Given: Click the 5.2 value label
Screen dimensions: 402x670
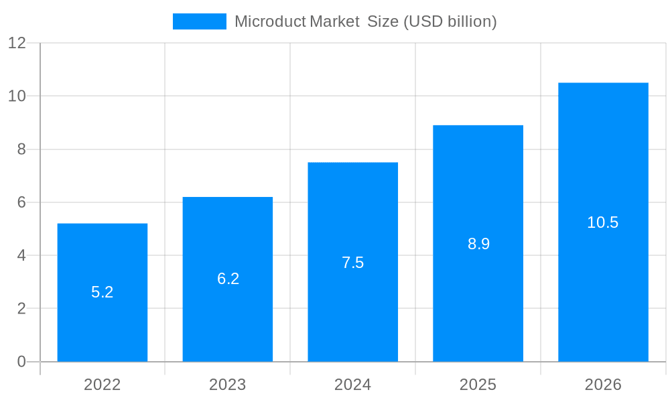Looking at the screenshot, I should [x=103, y=292].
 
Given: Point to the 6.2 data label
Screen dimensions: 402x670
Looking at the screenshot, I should [x=228, y=279].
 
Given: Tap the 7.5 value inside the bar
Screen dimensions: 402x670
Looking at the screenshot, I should [x=353, y=263].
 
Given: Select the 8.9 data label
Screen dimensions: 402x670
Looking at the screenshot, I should [x=478, y=244].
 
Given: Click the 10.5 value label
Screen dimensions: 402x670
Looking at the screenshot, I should [x=603, y=222].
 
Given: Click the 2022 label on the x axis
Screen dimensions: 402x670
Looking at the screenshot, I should [x=103, y=385].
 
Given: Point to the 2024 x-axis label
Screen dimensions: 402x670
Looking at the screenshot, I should [x=353, y=385].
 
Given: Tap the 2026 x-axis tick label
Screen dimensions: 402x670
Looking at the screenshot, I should [x=603, y=385].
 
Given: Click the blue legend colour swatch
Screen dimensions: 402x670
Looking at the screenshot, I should [x=199, y=21].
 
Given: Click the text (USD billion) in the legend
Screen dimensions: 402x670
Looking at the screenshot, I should [x=450, y=21].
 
